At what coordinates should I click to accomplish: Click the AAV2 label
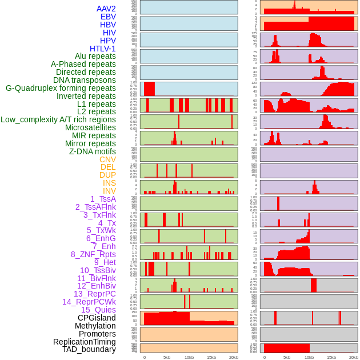tap(106, 9)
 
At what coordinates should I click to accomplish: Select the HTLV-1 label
tap(102, 49)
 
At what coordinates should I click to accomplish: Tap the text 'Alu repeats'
tap(95, 56)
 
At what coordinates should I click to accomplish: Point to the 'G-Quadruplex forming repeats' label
tap(61, 88)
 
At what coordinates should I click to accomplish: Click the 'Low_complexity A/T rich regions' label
tap(58, 119)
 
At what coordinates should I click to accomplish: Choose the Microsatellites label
tap(90, 127)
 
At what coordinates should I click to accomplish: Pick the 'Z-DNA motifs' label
tap(92, 151)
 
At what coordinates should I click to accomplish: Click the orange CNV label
tap(107, 159)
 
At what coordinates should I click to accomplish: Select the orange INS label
tap(109, 183)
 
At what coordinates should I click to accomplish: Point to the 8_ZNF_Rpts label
tap(93, 254)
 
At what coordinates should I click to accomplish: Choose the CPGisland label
tap(97, 318)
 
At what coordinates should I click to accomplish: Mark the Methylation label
tap(95, 326)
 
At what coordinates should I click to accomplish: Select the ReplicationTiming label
tap(85, 342)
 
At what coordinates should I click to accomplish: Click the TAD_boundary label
tap(89, 349)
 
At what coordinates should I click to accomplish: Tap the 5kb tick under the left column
tap(167, 357)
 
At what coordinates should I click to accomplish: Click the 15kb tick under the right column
tap(331, 357)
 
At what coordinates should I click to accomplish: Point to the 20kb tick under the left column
tap(234, 357)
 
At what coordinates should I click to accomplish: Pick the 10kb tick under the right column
tap(309, 357)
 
